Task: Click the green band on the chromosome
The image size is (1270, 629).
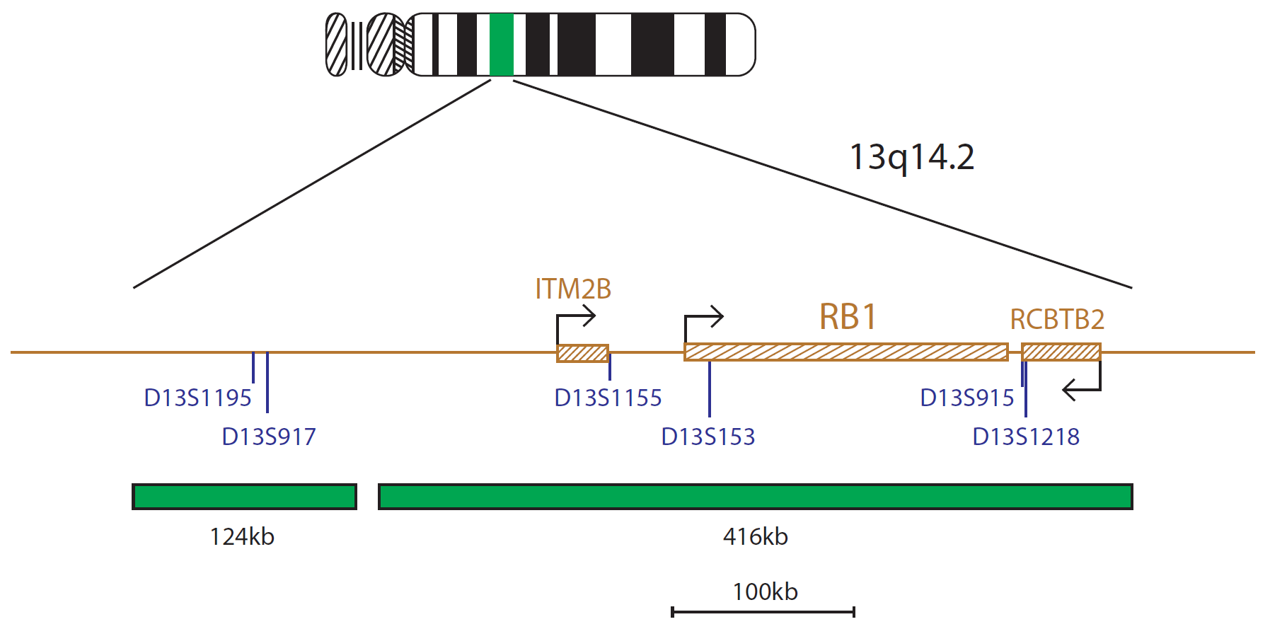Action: [x=501, y=45]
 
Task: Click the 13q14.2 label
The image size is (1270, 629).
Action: [x=911, y=157]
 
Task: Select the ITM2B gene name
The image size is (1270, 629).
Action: [x=573, y=289]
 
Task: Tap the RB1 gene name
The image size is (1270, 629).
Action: [x=848, y=316]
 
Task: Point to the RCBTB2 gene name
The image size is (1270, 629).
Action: [x=1057, y=319]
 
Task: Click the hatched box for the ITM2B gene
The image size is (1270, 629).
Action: [x=582, y=352]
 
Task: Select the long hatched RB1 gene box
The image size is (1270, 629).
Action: [x=845, y=352]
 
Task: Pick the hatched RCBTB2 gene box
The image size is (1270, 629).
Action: [x=1061, y=352]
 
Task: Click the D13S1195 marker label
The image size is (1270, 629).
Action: [x=197, y=398]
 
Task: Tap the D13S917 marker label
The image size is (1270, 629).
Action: [x=269, y=437]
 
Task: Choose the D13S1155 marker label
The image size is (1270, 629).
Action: [x=608, y=398]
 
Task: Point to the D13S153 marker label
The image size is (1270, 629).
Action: [x=708, y=437]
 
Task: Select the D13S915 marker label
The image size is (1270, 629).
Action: [x=967, y=398]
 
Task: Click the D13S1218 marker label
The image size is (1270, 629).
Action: [x=1026, y=437]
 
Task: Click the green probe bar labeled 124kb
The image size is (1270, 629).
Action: [x=244, y=497]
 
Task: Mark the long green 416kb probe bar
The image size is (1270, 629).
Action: [x=755, y=497]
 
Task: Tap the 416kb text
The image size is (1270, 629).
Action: [x=755, y=536]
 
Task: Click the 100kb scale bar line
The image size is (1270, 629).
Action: [x=763, y=611]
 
